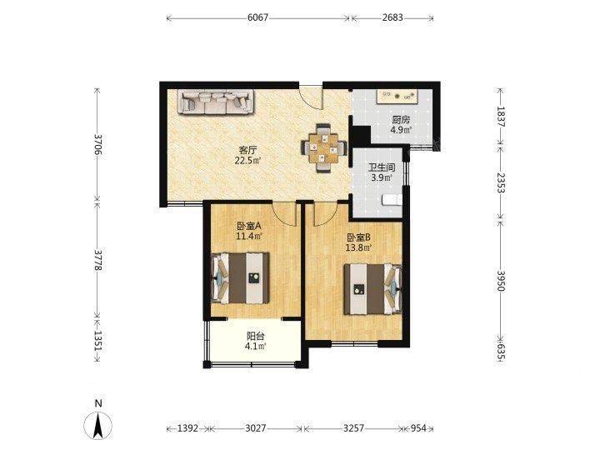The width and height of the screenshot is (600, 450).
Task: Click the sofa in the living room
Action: point(216,102)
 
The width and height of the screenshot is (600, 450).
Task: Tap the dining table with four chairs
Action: point(324,148)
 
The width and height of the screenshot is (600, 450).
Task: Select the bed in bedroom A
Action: point(240,277)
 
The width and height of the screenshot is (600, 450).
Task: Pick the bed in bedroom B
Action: point(372,289)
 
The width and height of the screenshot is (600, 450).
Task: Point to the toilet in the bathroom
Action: point(392,199)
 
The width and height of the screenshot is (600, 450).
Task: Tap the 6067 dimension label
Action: point(257,17)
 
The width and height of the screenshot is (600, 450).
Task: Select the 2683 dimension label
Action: point(392,17)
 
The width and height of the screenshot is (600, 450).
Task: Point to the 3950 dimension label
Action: point(501,281)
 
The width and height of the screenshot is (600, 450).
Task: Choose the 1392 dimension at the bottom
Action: point(187,427)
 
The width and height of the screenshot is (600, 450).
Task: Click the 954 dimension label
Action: point(418,427)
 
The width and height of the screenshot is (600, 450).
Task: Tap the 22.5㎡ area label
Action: point(248,160)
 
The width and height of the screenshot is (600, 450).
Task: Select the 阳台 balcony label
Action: point(255,337)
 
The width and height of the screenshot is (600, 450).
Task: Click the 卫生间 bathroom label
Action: point(382,167)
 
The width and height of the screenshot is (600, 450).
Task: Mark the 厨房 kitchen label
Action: point(401,120)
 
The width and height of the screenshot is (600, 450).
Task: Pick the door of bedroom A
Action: point(284,213)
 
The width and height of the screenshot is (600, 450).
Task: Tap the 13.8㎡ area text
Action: point(358,248)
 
